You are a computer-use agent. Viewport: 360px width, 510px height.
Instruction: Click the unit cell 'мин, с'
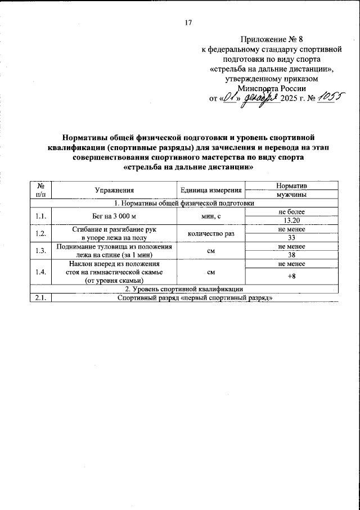[211, 216]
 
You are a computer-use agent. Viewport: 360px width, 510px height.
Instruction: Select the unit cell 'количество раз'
[211, 233]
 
